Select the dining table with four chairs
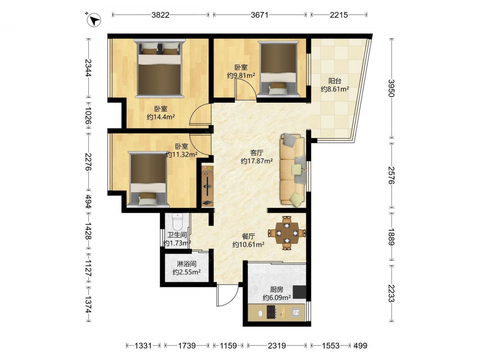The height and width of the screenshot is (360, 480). pos(287,233)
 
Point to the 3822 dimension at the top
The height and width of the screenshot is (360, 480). pos(160,15)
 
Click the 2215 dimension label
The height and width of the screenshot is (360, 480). pos(338,15)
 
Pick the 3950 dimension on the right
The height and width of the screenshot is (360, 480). pos(391,88)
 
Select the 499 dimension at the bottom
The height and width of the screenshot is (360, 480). pos(360,346)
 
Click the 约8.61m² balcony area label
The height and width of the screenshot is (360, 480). pos(335,89)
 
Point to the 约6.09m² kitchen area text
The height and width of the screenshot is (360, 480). pos(276,298)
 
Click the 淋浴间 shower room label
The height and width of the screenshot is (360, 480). pos(186,264)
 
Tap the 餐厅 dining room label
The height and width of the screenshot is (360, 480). pos(248,236)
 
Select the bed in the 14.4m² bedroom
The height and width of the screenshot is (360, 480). pos(159,68)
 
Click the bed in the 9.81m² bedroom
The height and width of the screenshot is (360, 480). pos(278,69)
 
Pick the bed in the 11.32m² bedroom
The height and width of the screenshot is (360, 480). pos(148,179)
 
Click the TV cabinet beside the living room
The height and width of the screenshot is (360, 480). pos(207,186)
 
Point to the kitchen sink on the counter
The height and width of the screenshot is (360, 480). pos(296,312)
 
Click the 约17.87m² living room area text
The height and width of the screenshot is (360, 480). pos(256,161)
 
